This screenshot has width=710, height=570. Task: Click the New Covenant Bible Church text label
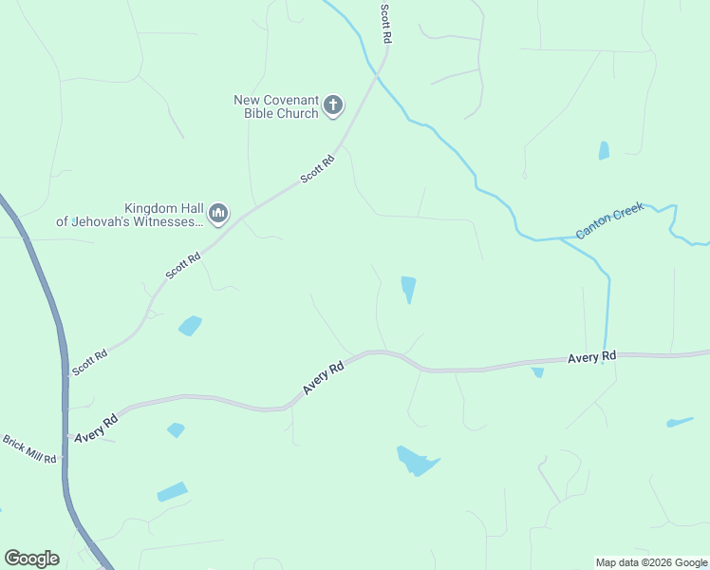tap(277, 105)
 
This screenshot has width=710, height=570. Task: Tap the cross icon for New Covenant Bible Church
tap(333, 105)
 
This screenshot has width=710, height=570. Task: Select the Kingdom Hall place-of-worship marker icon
tap(218, 214)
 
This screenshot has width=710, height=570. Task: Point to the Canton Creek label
tap(609, 220)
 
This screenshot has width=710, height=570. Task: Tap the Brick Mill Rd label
tap(29, 449)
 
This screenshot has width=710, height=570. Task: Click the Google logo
tap(31, 558)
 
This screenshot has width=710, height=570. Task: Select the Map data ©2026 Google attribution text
tap(652, 562)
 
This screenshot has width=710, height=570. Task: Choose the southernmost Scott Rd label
tap(89, 362)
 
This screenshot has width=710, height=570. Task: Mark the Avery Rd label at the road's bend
tap(324, 378)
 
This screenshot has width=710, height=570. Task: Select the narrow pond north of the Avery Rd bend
tap(408, 287)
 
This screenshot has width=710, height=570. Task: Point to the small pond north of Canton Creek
tap(604, 150)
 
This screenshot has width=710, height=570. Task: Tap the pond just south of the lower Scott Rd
tap(190, 325)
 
